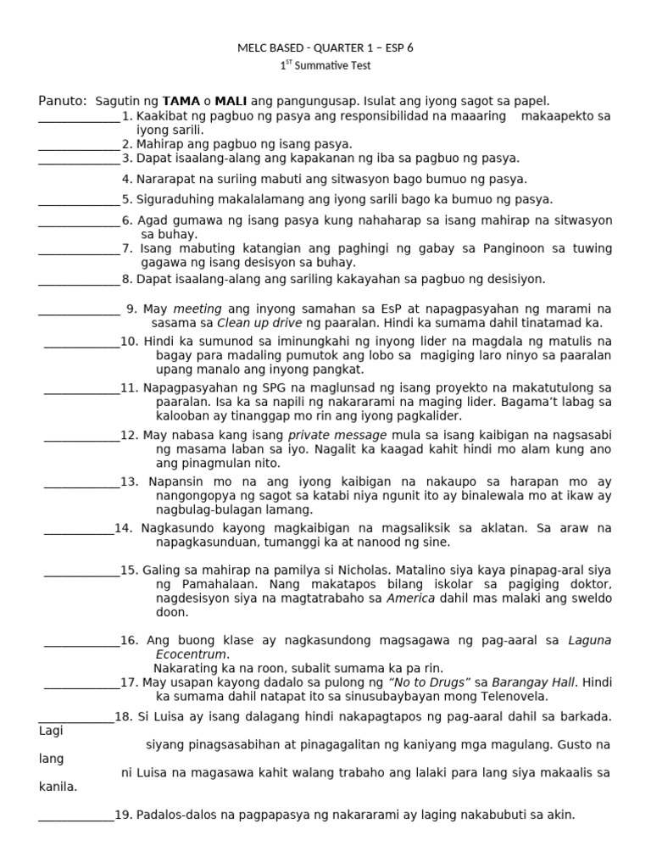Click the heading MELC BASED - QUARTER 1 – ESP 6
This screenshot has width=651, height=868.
click(x=325, y=48)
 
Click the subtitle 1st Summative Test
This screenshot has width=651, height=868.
click(x=325, y=65)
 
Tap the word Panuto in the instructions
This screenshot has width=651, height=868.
click(x=61, y=101)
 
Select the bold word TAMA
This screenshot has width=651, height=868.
click(x=181, y=101)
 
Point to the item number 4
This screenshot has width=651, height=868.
click(x=127, y=179)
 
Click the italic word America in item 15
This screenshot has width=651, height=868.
click(x=412, y=598)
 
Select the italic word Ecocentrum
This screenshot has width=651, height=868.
click(x=192, y=654)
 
